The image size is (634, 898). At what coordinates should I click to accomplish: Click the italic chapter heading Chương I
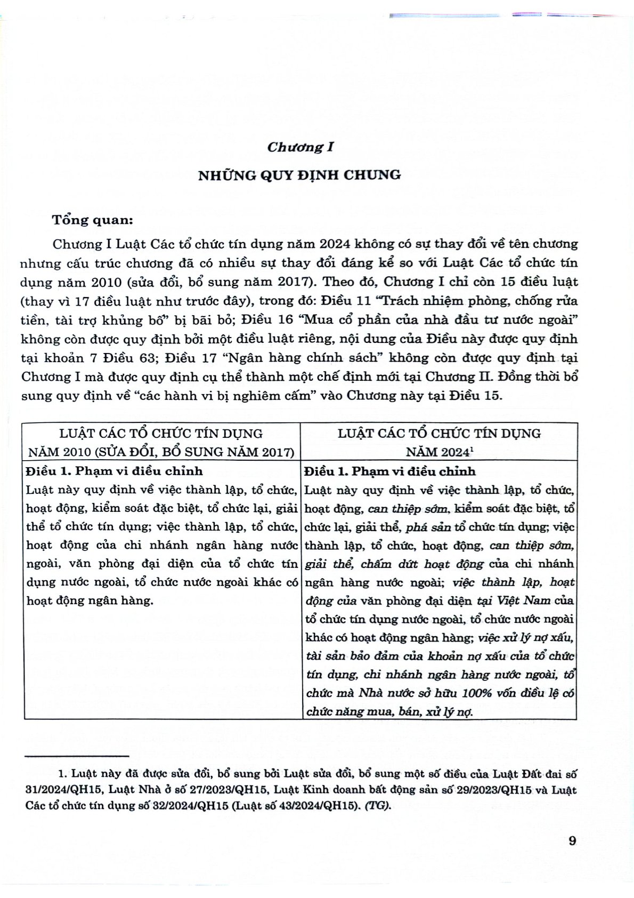tap(300, 147)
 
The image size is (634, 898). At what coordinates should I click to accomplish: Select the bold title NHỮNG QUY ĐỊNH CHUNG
tap(299, 175)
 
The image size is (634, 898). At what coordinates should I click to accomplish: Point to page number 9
tap(572, 841)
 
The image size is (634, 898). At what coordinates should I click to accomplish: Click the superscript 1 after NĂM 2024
tap(472, 448)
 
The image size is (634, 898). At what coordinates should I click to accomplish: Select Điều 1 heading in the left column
tap(114, 471)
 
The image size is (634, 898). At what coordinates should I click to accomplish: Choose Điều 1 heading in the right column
tap(390, 471)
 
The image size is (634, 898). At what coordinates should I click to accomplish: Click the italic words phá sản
tap(428, 527)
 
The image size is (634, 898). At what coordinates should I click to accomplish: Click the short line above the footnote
tap(77, 756)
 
